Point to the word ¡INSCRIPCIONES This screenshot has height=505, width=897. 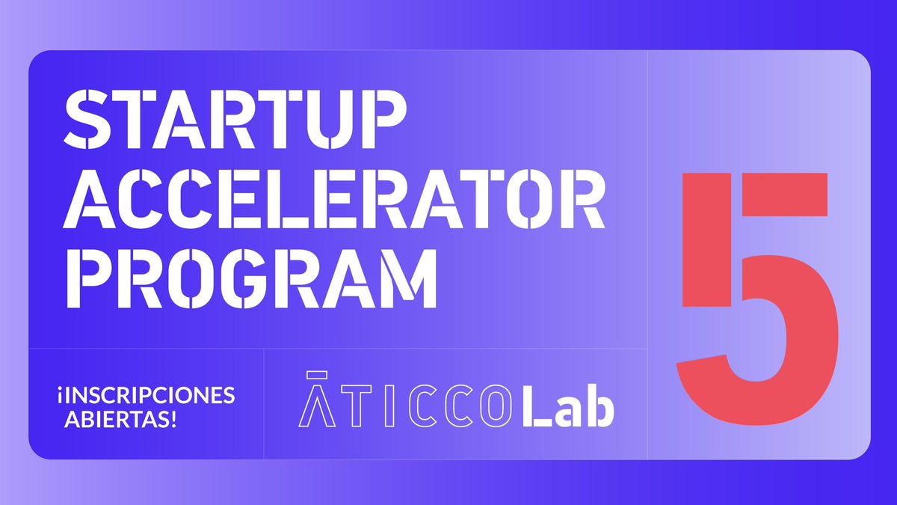145,394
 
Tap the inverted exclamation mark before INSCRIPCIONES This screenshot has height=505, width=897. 58,395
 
